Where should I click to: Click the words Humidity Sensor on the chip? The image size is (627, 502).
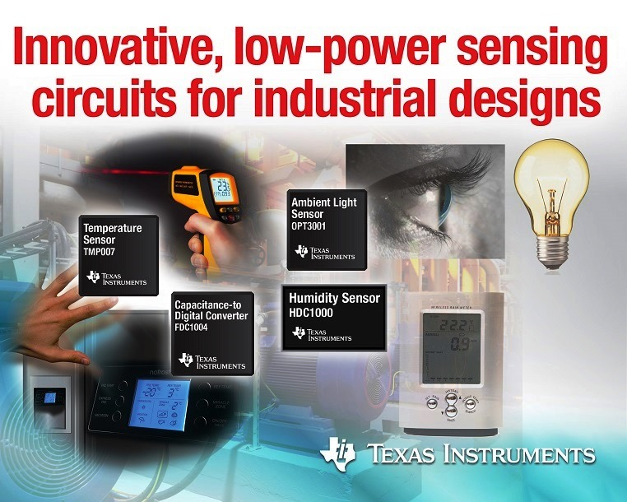[334, 298]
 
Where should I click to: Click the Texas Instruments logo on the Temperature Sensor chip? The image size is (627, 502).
[115, 280]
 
